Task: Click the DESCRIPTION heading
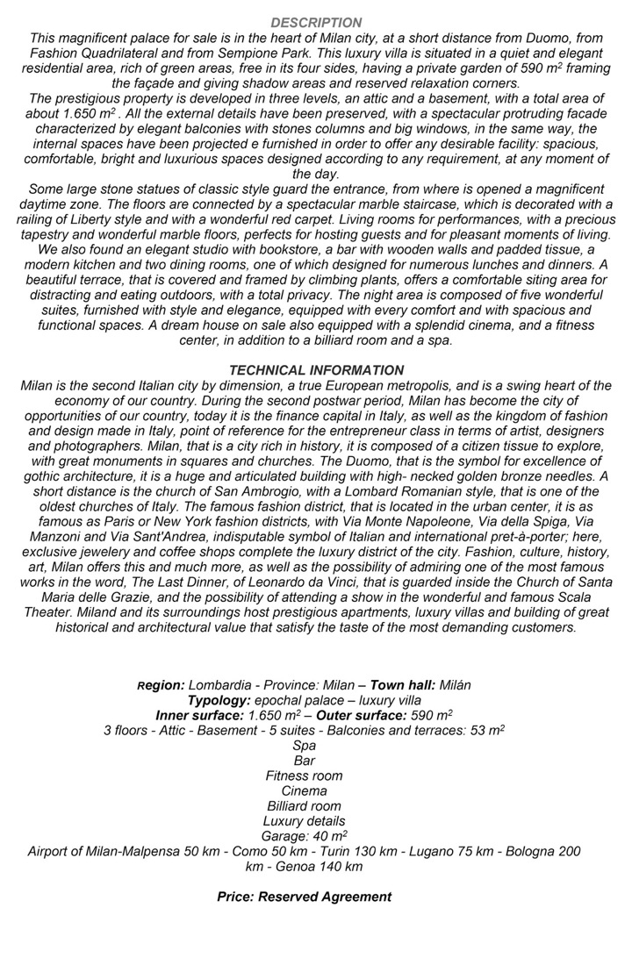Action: click(x=316, y=23)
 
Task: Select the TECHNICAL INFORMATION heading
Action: click(x=316, y=371)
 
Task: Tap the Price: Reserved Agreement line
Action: click(x=305, y=897)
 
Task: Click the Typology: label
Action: click(x=219, y=700)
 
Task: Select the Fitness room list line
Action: click(x=305, y=776)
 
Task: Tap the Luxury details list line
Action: click(x=305, y=821)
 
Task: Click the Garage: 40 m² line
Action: click(x=305, y=836)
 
